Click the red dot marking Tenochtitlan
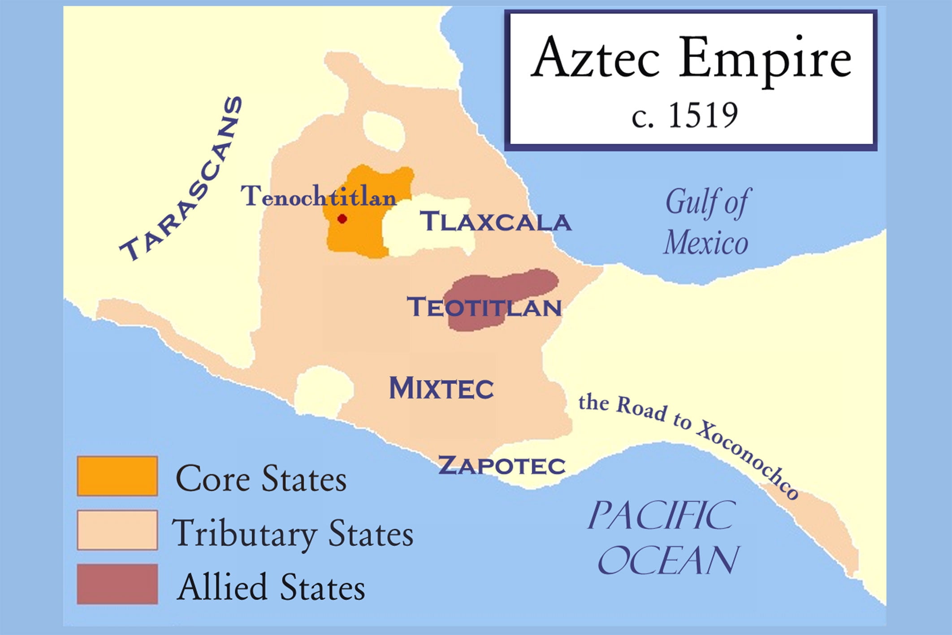342,219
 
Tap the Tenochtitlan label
318,196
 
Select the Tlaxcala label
495,222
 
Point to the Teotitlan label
484,308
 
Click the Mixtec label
441,388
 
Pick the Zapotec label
502,465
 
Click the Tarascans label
182,179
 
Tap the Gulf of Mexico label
707,222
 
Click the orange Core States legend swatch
117,476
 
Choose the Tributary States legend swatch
117,530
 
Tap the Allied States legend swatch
117,584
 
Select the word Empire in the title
764,61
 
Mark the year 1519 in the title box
702,115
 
